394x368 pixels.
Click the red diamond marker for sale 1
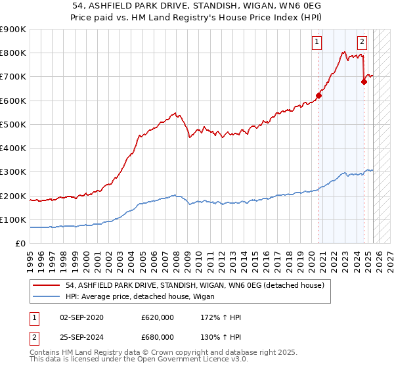[x=318, y=95]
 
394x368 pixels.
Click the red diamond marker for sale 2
[x=364, y=81]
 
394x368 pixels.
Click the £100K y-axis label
[x=14, y=219]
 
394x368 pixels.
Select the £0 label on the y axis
[x=21, y=244]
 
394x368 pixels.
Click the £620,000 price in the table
[x=158, y=317]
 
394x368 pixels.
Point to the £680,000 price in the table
[x=158, y=337]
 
